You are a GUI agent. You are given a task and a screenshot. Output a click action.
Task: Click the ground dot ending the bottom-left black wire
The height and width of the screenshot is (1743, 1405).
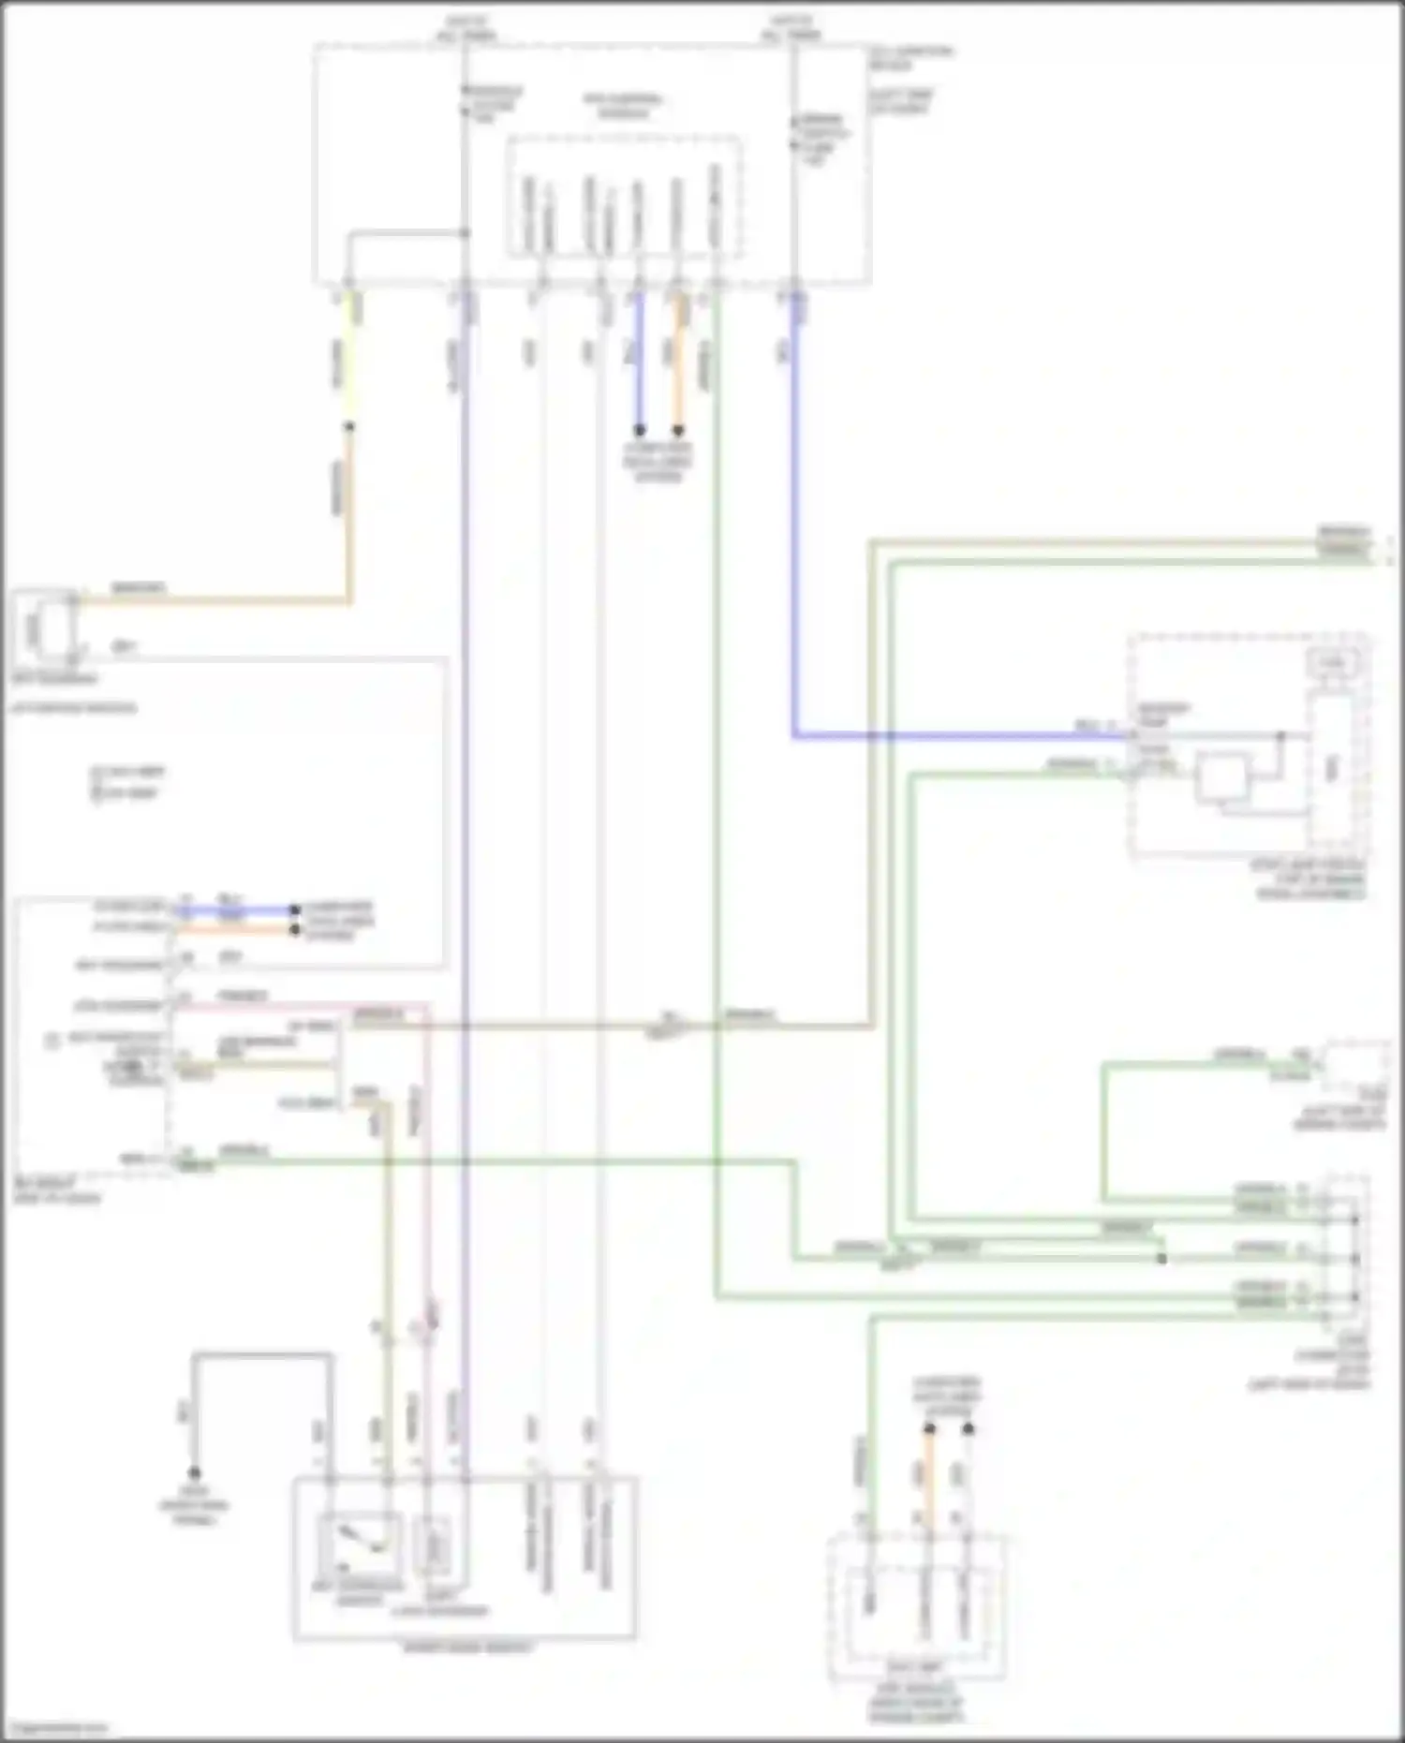pyautogui.click(x=195, y=1472)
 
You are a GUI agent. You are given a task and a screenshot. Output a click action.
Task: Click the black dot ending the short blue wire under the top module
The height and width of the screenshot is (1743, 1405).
pyautogui.click(x=640, y=431)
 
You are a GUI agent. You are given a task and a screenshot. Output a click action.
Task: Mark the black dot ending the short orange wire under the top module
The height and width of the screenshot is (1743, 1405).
pyautogui.click(x=678, y=431)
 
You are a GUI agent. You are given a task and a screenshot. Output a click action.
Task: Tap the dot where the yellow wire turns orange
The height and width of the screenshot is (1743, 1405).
pyautogui.click(x=349, y=427)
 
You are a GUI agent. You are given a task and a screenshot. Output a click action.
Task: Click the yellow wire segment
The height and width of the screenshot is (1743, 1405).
pyautogui.click(x=350, y=356)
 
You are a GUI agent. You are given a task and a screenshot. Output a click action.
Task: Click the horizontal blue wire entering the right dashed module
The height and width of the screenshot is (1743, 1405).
pyautogui.click(x=955, y=736)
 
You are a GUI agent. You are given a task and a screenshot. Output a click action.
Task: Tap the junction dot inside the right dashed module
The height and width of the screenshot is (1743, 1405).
pyautogui.click(x=1281, y=736)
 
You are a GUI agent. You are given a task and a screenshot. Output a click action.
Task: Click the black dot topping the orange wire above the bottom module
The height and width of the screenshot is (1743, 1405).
pyautogui.click(x=929, y=1429)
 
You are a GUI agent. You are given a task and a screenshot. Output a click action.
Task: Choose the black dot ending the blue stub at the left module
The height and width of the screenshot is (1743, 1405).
pyautogui.click(x=294, y=909)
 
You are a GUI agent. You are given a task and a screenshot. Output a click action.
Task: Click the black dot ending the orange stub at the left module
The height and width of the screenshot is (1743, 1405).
pyautogui.click(x=294, y=930)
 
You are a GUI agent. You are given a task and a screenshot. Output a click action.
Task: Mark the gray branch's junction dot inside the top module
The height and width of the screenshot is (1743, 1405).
pyautogui.click(x=465, y=233)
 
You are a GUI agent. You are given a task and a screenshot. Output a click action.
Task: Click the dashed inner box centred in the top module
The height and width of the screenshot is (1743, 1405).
pyautogui.click(x=625, y=196)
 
